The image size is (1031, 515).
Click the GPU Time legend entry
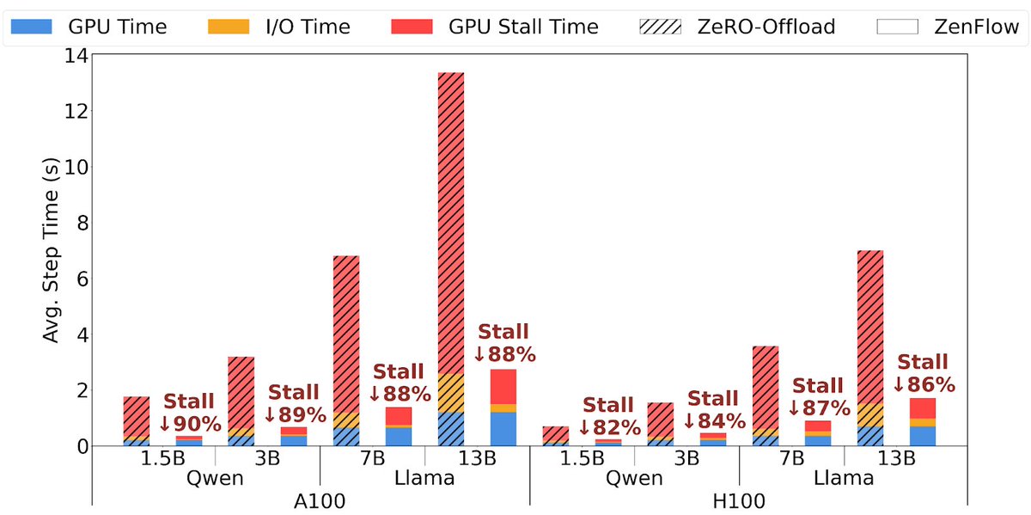(82, 27)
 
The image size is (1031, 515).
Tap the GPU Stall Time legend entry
(493, 27)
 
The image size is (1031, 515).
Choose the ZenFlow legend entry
(950, 27)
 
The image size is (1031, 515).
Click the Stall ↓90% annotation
(190, 412)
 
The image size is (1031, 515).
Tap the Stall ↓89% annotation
(295, 404)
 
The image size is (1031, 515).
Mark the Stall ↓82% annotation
(608, 416)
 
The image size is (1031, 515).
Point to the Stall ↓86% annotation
(924, 373)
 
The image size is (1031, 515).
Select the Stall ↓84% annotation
(713, 410)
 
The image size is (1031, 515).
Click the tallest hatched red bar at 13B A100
(452, 224)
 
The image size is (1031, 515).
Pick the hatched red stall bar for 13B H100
(870, 327)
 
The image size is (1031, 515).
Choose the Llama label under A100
(425, 478)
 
